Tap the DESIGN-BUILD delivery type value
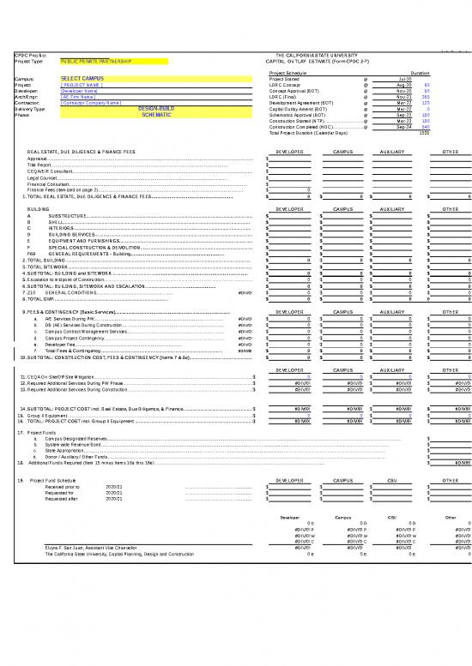155,109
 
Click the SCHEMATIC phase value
156,115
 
